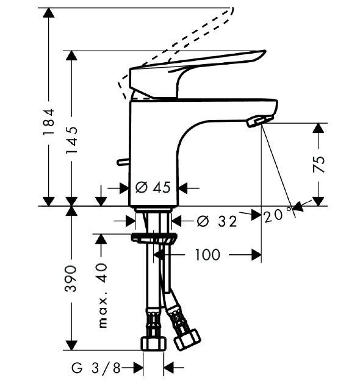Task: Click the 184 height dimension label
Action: (x=48, y=121)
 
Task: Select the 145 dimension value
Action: (x=72, y=140)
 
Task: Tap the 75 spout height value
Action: (x=319, y=164)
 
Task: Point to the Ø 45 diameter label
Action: (x=153, y=187)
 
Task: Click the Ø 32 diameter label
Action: (x=217, y=221)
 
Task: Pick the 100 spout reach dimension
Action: (x=207, y=254)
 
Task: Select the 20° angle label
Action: (x=278, y=215)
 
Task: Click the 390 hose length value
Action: (x=71, y=279)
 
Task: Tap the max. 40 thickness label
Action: (x=103, y=296)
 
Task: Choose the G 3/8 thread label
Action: (x=96, y=368)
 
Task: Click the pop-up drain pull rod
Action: (x=123, y=162)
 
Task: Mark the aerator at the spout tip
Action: (x=260, y=121)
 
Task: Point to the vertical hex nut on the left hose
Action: (x=153, y=343)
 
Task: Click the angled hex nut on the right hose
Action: (x=187, y=338)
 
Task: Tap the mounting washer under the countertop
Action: (x=154, y=238)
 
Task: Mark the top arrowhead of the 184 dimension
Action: (x=48, y=12)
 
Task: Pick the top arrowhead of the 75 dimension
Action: (x=319, y=128)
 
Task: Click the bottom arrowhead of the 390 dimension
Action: (x=71, y=345)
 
